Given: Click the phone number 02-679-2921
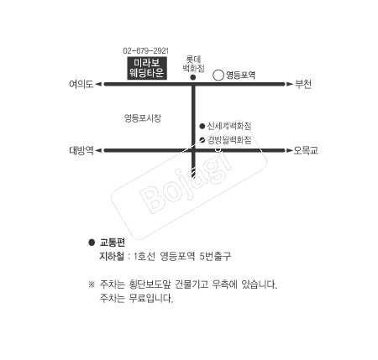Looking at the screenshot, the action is click(146, 51).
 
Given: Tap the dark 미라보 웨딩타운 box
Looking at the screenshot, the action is click(147, 68).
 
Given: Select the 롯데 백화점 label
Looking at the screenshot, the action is click(193, 64).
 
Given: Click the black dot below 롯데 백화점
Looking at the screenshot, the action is click(193, 77).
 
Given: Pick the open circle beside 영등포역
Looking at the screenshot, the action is click(218, 76).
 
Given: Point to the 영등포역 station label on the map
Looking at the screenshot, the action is click(240, 75).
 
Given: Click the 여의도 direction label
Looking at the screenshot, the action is click(81, 84).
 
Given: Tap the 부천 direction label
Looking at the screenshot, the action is click(303, 84).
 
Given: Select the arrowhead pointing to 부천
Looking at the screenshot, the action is click(289, 84).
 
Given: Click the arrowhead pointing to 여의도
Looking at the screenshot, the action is click(98, 84).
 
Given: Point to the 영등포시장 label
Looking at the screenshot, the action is click(143, 118).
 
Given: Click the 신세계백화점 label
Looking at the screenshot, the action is click(229, 126).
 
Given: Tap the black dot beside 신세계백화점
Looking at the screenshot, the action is click(202, 127).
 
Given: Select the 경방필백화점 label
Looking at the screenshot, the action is click(229, 140).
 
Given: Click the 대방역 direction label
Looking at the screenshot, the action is click(81, 150).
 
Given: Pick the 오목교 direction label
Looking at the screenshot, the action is click(306, 150).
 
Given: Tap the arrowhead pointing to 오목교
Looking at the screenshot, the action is click(289, 150).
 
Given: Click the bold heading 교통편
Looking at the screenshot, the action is click(113, 243).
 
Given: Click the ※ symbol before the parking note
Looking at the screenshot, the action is click(92, 284).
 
